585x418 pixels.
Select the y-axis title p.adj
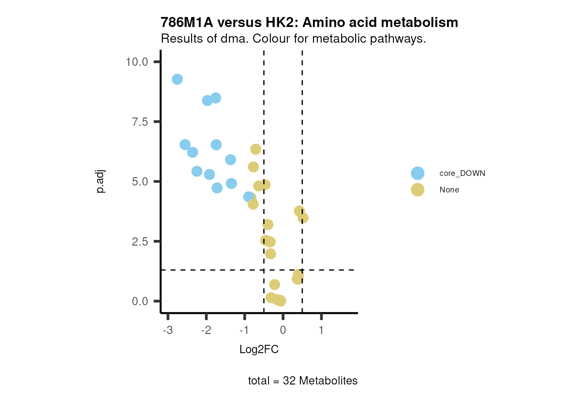101,182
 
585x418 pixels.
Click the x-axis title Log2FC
259,349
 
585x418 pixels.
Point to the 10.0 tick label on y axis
137,62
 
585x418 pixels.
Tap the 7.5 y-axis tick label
140,122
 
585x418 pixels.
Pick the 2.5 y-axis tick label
140,242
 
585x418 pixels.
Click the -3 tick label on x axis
168,330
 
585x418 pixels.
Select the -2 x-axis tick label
206,330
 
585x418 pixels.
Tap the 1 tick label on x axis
321,330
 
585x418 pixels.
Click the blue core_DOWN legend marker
417,173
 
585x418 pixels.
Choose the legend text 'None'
449,190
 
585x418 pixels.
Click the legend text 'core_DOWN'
462,173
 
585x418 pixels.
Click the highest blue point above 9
177,79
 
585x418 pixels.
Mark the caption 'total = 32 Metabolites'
303,381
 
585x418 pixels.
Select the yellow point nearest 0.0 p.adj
281,301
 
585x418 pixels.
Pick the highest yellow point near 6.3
256,149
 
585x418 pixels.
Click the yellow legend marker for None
417,190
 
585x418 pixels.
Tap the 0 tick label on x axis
283,330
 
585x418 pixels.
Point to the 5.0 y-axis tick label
140,182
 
